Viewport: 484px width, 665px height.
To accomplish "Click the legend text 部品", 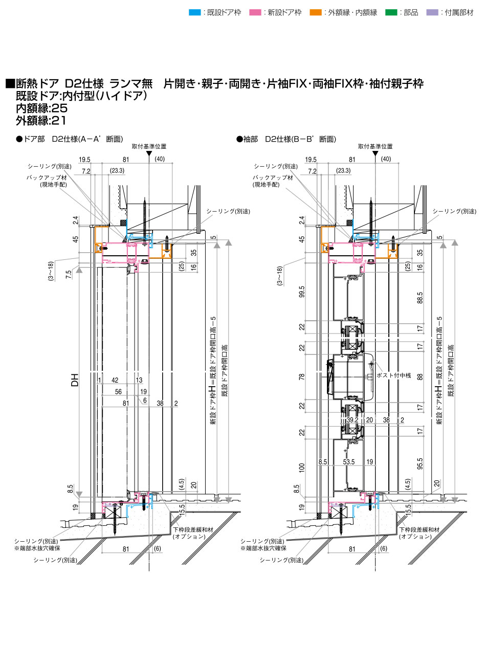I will click(410, 12).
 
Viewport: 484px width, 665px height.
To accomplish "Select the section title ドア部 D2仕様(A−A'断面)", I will click(70, 139).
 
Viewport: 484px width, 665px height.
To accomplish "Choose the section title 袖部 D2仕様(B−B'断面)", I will click(286, 139).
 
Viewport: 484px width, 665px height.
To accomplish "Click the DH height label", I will click(75, 380).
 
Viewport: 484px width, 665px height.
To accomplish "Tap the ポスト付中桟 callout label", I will click(393, 375).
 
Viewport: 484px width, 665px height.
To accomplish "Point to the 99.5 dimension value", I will click(302, 292).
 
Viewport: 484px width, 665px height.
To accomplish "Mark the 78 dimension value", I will click(302, 376).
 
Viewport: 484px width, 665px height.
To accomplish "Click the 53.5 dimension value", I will click(348, 462).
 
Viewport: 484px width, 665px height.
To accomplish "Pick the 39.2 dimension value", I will click(352, 419).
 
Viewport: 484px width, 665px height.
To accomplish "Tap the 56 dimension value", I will click(118, 391).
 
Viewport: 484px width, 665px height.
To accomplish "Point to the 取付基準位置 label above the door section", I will click(148, 146).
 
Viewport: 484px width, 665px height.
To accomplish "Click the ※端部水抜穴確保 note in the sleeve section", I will click(263, 548).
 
